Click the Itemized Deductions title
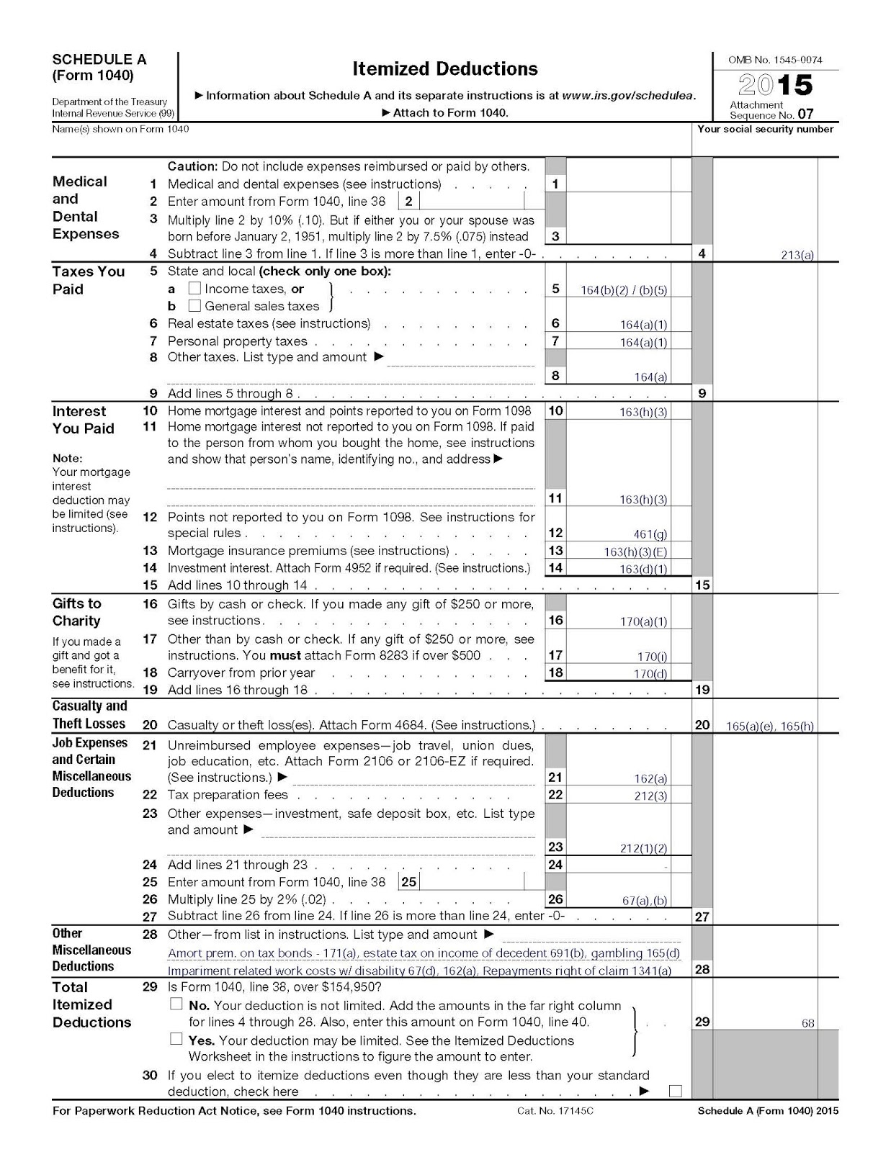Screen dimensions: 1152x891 click(x=444, y=69)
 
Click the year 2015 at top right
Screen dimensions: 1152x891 click(x=776, y=86)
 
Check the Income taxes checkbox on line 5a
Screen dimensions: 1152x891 click(x=194, y=288)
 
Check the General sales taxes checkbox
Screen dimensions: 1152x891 click(x=194, y=306)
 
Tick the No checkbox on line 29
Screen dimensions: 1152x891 click(x=176, y=1004)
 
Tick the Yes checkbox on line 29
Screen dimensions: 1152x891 click(x=176, y=1039)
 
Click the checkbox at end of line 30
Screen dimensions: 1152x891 click(x=675, y=1091)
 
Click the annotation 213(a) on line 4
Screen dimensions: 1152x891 click(x=797, y=255)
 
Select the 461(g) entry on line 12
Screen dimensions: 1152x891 click(x=650, y=534)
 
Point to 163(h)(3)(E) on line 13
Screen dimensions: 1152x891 click(x=635, y=552)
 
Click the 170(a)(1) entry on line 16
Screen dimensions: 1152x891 click(x=643, y=621)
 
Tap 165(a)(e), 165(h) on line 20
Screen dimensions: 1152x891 click(x=769, y=726)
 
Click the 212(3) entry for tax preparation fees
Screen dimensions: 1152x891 click(x=650, y=796)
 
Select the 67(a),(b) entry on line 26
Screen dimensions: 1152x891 click(x=645, y=901)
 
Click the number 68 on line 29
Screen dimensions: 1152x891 click(x=807, y=1023)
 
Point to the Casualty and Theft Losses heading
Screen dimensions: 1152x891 click(x=89, y=714)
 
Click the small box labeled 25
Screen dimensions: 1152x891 click(x=409, y=882)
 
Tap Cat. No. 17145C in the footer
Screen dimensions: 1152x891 click(x=555, y=1111)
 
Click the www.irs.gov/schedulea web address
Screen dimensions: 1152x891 click(x=628, y=96)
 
